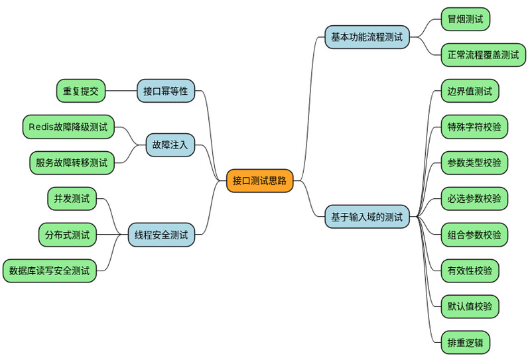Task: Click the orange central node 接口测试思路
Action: [x=259, y=180]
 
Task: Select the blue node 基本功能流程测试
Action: [x=367, y=37]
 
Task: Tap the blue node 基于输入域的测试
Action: [x=367, y=216]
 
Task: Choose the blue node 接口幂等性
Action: [x=166, y=91]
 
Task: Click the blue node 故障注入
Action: [x=170, y=145]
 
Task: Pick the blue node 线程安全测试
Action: [x=161, y=234]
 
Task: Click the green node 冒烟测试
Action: [x=466, y=19]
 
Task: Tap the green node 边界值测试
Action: [x=470, y=91]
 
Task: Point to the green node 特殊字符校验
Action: [x=474, y=127]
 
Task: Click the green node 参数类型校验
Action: [x=474, y=162]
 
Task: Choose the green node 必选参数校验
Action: [x=474, y=198]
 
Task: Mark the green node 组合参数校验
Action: [x=474, y=234]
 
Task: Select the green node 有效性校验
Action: [x=470, y=270]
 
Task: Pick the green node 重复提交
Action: [x=81, y=91]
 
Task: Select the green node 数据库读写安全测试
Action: [x=50, y=270]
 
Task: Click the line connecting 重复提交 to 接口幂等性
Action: [x=121, y=91]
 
